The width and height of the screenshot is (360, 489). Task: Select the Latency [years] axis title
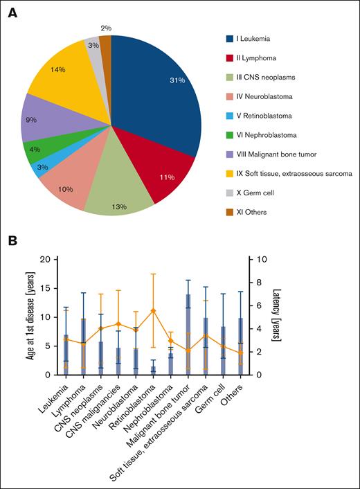(279, 318)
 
